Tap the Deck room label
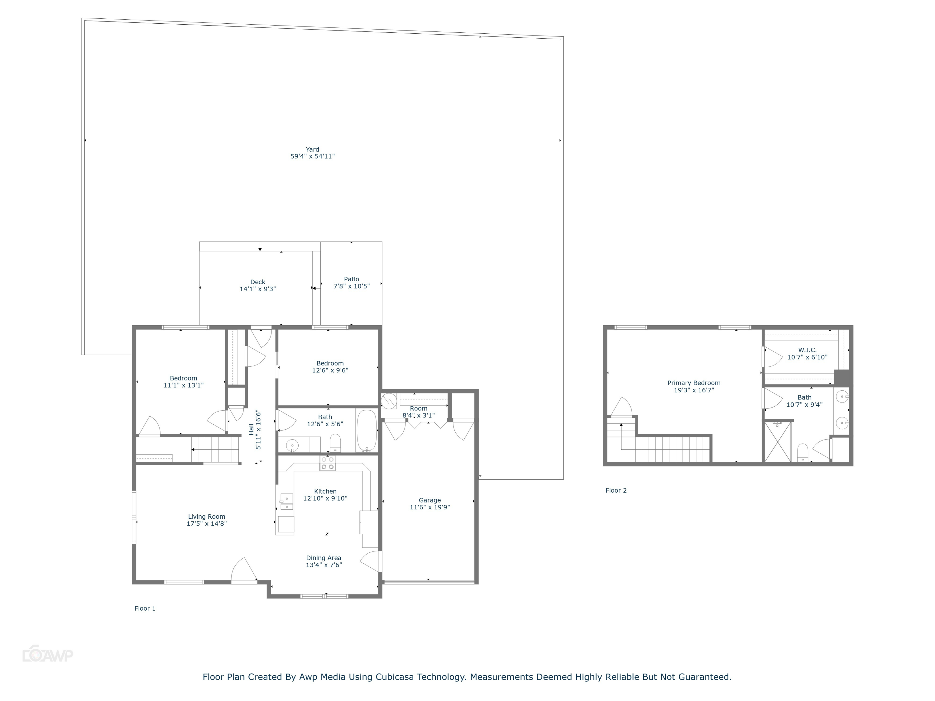(x=257, y=282)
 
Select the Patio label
(x=351, y=279)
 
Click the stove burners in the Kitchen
(x=328, y=463)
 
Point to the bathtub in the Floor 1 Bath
(x=367, y=430)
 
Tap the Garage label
(x=429, y=500)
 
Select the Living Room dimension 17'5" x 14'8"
(x=207, y=523)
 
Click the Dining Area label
(x=324, y=558)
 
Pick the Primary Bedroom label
(x=694, y=383)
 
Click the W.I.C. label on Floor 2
(x=807, y=350)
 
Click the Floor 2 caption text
(x=616, y=490)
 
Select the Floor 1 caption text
(x=145, y=608)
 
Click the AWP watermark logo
(x=48, y=655)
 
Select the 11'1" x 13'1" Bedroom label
(x=184, y=382)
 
